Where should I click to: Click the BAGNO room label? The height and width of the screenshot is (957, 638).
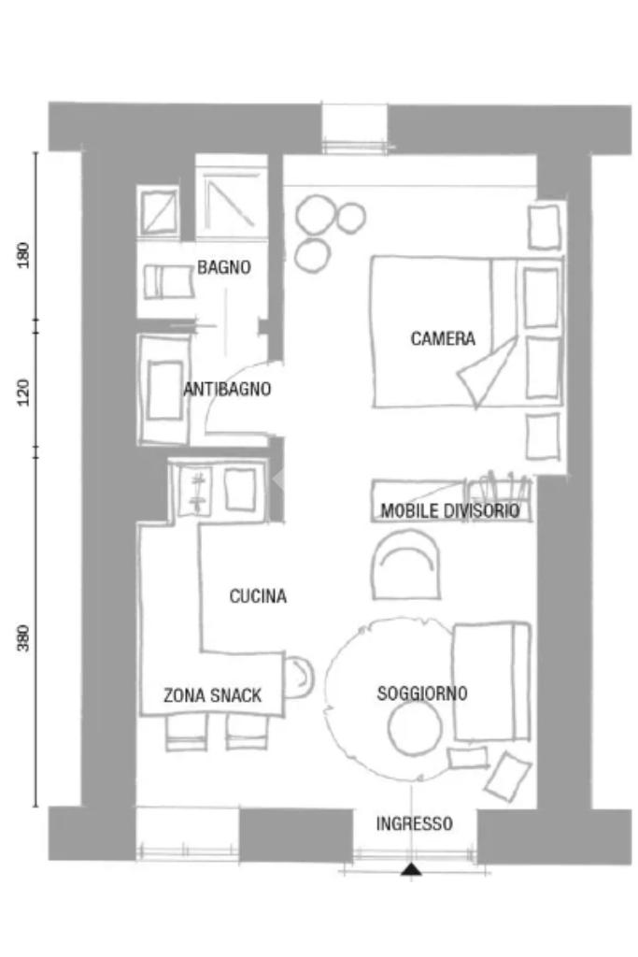click(224, 266)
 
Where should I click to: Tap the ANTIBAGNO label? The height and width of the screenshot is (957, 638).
click(227, 389)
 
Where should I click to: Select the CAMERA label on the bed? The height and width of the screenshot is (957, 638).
click(443, 338)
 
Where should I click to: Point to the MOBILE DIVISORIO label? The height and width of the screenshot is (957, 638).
click(450, 510)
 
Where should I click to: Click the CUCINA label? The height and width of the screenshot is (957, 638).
click(258, 595)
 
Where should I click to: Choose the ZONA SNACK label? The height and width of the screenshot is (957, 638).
click(212, 695)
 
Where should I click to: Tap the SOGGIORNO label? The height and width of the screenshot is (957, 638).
click(422, 693)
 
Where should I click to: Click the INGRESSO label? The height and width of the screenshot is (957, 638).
click(414, 823)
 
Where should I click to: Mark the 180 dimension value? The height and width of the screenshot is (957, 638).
click(23, 255)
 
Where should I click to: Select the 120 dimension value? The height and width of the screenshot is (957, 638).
click(23, 392)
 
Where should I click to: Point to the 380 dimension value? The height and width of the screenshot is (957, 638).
click(23, 637)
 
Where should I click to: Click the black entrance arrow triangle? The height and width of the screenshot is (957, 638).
click(411, 869)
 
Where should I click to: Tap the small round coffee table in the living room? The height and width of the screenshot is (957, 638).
click(415, 729)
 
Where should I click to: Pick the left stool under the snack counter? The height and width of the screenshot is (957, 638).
click(186, 733)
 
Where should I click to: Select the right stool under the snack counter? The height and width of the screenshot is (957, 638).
click(247, 733)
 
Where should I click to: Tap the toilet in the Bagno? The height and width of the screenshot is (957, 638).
click(168, 281)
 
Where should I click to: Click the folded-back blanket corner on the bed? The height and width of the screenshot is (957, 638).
click(488, 372)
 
